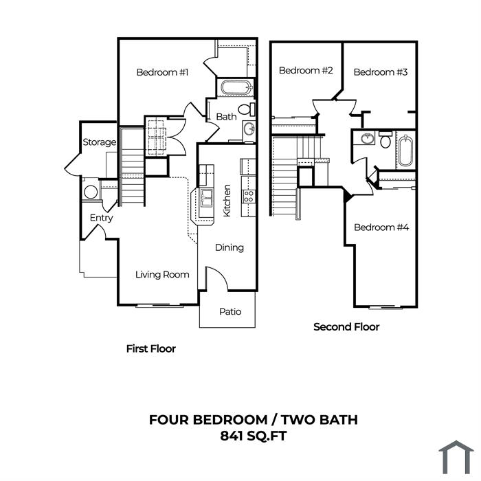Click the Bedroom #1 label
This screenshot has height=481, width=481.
[162, 72]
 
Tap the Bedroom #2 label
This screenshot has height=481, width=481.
[306, 71]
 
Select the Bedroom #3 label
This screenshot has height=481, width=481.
[381, 72]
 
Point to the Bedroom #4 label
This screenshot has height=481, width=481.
[381, 227]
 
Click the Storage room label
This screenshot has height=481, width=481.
[100, 142]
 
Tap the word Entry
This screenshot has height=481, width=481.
[101, 218]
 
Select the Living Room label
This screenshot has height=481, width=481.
[162, 275]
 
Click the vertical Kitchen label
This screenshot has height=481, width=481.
[227, 201]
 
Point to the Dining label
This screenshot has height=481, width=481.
[230, 248]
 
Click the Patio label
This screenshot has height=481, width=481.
[230, 312]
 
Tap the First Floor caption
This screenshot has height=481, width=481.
[151, 349]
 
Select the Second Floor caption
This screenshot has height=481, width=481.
[346, 327]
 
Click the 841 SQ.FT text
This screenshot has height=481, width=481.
[254, 436]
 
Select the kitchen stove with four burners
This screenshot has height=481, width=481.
[249, 196]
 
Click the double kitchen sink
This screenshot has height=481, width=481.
[206, 199]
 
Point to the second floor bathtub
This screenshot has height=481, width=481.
[406, 151]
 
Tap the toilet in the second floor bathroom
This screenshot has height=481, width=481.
[385, 140]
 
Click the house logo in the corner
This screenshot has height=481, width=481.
[456, 457]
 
